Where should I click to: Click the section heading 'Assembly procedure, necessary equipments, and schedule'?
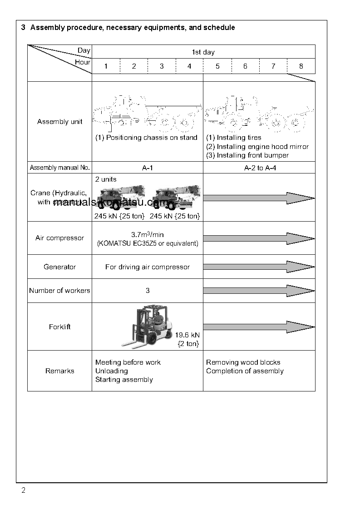pos(133,28)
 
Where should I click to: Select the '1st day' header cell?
pos(203,52)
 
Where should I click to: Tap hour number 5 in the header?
pos(217,66)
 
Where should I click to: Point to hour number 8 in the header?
pos(301,66)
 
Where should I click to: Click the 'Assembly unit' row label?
pos(59,122)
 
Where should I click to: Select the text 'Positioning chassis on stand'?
pos(152,138)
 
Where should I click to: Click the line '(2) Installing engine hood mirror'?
pos(257,147)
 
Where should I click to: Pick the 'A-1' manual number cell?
pos(147,168)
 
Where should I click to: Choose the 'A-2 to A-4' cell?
pos(259,168)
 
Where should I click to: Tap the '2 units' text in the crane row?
pos(106,179)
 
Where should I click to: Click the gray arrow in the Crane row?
pos(259,198)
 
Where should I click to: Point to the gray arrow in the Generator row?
pos(259,267)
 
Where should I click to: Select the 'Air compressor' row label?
pos(59,238)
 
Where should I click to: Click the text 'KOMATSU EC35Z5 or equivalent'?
pos(148,243)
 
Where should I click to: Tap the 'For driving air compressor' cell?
pos(148,267)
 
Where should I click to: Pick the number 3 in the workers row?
pos(148,291)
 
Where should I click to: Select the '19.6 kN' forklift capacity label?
pos(187,335)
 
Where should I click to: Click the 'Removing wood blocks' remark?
pos(243,362)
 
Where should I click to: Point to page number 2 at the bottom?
pos(23,490)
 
